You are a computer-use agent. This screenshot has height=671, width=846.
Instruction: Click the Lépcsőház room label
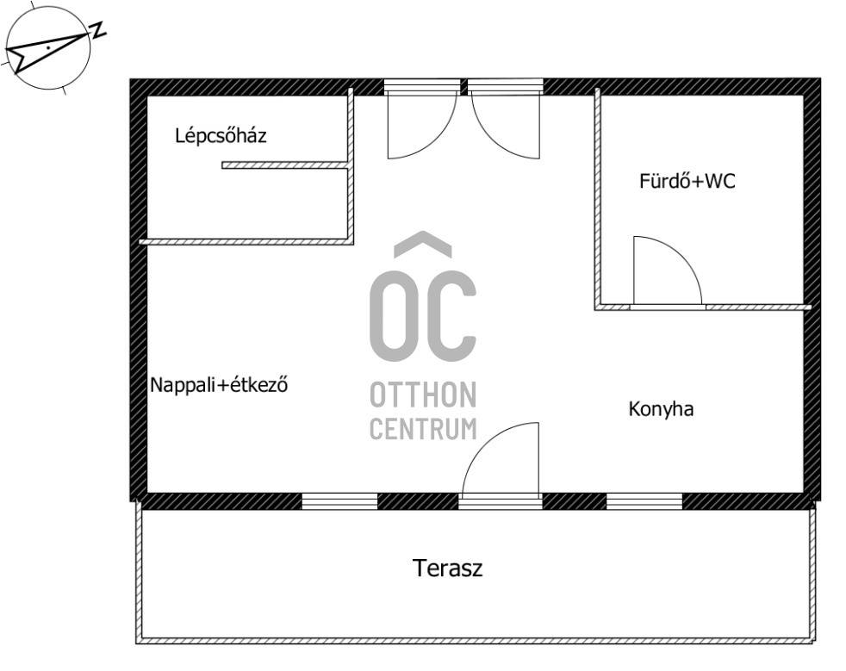click(221, 135)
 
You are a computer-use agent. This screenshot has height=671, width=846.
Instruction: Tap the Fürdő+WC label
click(687, 181)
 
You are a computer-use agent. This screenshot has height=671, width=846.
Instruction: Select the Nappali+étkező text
click(219, 384)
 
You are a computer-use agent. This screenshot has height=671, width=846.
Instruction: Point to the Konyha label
click(661, 409)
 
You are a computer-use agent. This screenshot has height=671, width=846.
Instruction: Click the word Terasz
click(447, 568)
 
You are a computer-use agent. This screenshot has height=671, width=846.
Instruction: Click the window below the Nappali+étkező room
click(339, 501)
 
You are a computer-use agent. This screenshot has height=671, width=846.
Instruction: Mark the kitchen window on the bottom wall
click(644, 501)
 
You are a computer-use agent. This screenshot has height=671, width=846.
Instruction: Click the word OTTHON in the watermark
click(423, 395)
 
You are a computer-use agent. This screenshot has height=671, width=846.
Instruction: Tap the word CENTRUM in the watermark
click(423, 429)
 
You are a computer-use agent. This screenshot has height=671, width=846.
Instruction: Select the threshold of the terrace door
click(501, 501)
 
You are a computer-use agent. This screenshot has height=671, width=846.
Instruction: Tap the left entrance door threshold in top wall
click(422, 87)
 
